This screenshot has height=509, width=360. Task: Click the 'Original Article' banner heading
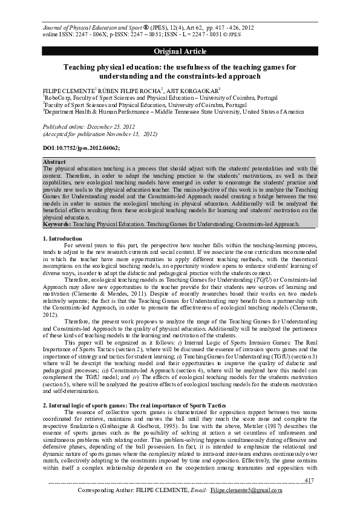(180, 51)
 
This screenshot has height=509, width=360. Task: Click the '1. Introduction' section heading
(65, 239)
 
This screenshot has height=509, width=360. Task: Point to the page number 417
(309, 480)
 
